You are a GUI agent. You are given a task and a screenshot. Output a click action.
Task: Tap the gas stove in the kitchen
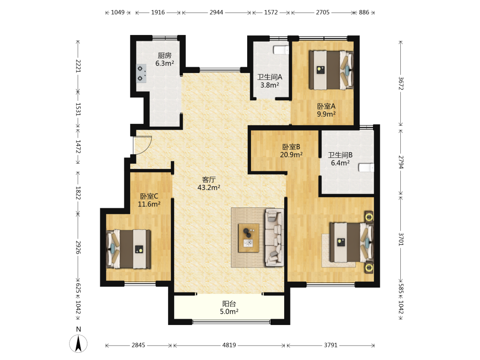[141, 73]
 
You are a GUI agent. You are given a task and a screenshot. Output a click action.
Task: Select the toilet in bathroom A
[281, 50]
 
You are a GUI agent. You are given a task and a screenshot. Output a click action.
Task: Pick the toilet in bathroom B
[366, 168]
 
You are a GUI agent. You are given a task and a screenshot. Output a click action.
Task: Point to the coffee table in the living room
[249, 238]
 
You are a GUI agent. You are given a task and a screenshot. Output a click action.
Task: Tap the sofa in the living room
[274, 238]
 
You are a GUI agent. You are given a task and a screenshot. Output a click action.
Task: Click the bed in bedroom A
[331, 70]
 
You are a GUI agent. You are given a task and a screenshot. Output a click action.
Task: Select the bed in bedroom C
[128, 249]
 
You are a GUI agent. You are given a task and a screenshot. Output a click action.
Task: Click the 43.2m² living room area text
[209, 188]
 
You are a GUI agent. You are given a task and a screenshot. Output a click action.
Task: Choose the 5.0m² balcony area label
[229, 312]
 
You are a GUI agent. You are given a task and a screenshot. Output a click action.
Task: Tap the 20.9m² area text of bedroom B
[291, 155]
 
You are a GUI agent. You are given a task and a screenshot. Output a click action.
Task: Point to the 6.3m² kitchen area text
[165, 63]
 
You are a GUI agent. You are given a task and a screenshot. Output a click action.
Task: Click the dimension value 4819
[229, 345]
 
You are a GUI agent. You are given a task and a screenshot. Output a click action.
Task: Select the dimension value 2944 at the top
[216, 12]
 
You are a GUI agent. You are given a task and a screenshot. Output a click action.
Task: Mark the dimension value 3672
[401, 83]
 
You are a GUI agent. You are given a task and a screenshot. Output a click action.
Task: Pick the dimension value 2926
[78, 247]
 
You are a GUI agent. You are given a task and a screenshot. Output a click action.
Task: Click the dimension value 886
[364, 12]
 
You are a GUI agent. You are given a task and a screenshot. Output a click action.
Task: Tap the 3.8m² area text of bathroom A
[270, 85]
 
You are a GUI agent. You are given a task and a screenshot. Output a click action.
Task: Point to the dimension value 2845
[138, 345]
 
